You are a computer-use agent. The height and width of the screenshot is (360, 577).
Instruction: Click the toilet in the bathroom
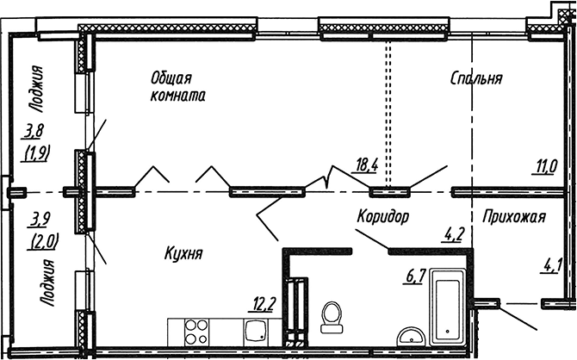[x=332, y=318]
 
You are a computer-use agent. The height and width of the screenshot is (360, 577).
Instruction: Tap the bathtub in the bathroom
[x=447, y=307]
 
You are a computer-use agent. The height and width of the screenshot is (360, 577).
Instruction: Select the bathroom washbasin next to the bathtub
[x=412, y=337]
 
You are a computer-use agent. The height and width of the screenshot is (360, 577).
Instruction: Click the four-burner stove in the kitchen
[x=195, y=332]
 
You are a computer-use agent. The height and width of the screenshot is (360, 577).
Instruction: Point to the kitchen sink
[x=256, y=332]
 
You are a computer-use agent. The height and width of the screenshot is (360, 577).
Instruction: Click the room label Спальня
[x=476, y=78]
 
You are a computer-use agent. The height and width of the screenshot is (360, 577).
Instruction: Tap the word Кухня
[x=183, y=253]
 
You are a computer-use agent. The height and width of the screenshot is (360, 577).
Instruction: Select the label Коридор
[x=382, y=216]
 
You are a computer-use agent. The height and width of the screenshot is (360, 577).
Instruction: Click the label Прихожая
[x=514, y=216]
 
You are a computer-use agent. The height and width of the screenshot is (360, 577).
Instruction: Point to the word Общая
[x=171, y=78]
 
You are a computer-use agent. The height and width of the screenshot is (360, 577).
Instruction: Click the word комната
[x=177, y=96]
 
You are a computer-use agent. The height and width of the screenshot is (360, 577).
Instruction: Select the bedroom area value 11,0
[x=544, y=167]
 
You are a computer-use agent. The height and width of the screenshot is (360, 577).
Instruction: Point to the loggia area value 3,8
[x=34, y=132]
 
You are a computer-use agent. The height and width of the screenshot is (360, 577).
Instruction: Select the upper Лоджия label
[x=36, y=89]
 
